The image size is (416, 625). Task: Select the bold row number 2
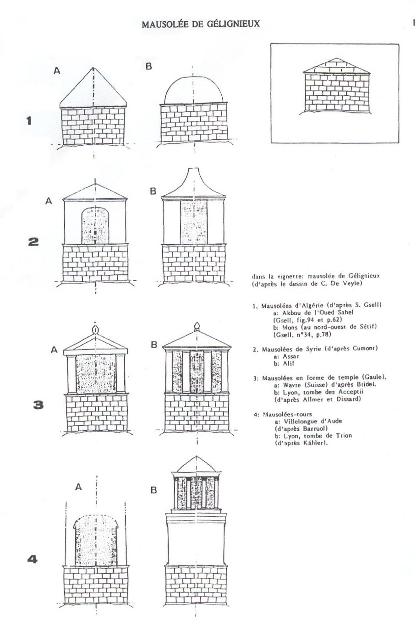[x=33, y=241]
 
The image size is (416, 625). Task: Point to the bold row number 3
[x=39, y=405]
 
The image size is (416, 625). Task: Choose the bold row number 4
[x=33, y=559]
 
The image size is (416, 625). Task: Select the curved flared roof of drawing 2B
[x=193, y=186]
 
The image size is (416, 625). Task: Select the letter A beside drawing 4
[x=78, y=488]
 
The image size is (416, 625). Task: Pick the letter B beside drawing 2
[x=153, y=192]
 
